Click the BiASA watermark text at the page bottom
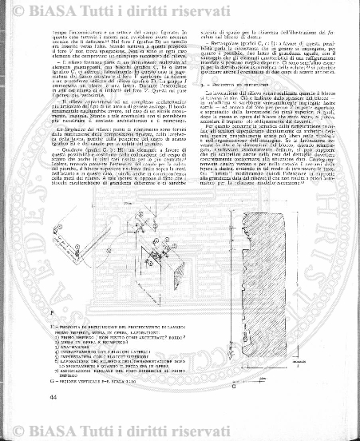[180, 433]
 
